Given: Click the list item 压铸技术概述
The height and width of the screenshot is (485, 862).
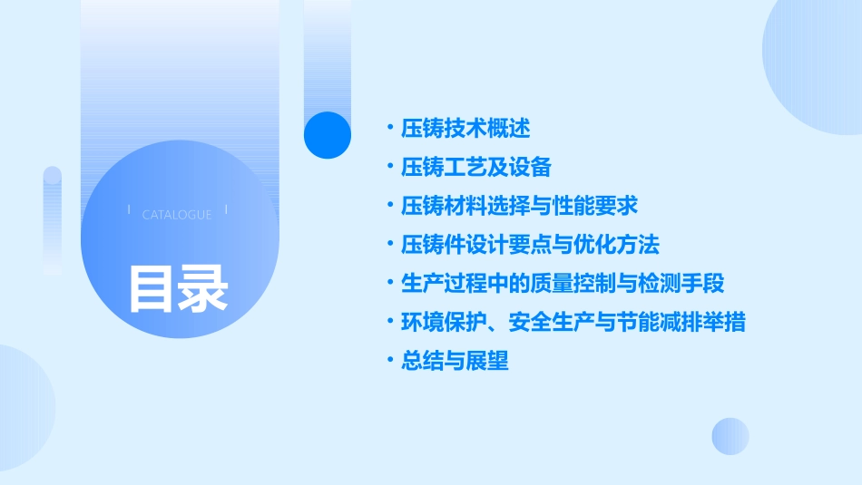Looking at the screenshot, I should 465,128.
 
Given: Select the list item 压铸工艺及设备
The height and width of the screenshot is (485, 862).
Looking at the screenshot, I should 476,167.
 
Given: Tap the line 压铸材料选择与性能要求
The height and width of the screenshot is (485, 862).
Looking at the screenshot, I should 520,206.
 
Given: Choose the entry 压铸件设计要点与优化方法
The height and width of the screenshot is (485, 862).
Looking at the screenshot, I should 530,245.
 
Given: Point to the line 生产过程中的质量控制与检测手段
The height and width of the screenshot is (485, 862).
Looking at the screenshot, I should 563,284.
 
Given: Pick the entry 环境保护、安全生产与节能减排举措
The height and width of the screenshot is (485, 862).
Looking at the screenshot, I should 573,322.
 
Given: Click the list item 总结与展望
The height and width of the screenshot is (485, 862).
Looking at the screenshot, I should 455,361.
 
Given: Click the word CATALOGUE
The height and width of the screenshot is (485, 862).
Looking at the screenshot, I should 177,215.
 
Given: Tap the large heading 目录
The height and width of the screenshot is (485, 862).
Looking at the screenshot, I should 178,288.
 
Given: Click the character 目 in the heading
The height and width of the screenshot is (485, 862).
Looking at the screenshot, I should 152,288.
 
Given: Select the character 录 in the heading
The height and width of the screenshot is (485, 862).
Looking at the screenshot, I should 203,288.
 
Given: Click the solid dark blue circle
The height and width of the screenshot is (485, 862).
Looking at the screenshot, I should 328,135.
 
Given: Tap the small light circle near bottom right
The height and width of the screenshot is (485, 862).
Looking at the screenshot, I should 730,436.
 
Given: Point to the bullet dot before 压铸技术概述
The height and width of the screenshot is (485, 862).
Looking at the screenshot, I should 389,128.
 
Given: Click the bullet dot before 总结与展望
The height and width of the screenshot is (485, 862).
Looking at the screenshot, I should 389,361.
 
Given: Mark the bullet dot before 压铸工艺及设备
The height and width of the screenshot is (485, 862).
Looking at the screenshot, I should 389,167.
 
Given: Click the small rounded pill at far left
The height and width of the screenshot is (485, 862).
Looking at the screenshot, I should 53,220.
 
